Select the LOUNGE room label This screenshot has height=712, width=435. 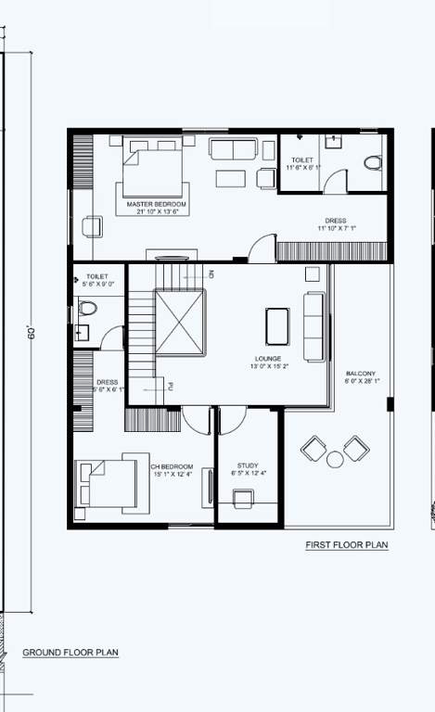[268, 358]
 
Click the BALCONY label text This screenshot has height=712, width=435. [360, 373]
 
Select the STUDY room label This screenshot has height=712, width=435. [247, 466]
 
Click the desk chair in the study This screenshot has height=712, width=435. [244, 500]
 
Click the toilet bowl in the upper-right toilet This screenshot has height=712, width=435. [372, 163]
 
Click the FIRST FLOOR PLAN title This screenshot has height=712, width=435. [347, 545]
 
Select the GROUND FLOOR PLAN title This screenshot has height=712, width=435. [70, 653]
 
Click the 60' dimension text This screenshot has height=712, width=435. [32, 333]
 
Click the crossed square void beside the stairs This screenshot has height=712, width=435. [180, 321]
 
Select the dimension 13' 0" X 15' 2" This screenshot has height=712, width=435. [268, 366]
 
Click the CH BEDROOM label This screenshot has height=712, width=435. [171, 466]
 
